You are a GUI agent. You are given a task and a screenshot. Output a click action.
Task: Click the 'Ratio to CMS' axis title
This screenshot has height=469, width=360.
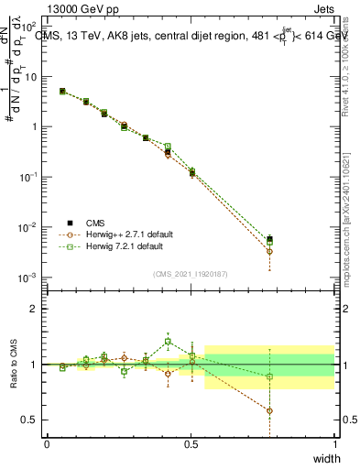12,364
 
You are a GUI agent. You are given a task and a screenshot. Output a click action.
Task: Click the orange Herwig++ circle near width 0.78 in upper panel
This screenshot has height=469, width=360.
269,251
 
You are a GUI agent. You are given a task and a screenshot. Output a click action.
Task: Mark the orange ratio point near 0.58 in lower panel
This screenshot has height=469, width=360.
269,410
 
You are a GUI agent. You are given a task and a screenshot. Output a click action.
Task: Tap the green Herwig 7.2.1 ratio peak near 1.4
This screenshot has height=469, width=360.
168,342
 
